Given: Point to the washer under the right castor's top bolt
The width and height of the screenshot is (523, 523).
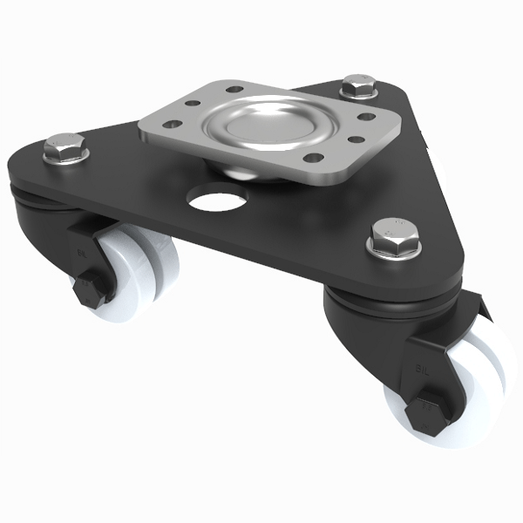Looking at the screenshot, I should click(395, 248).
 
